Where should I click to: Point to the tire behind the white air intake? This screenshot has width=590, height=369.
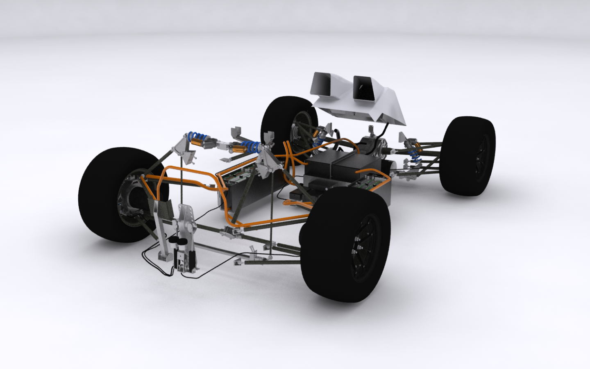287,119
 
